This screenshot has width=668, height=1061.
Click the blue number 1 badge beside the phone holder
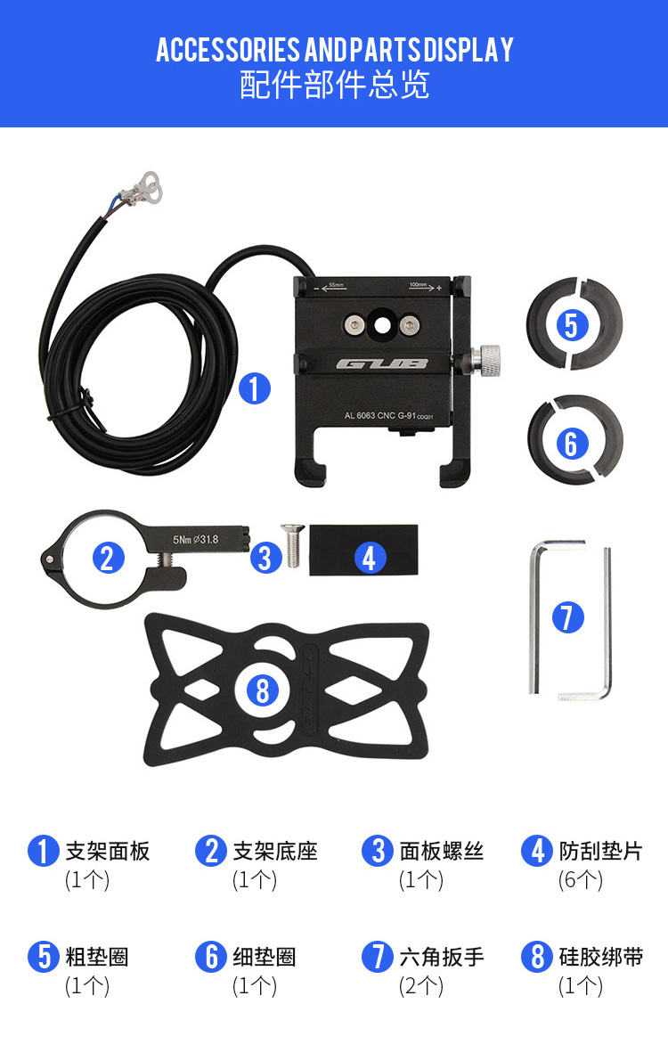tap(255, 388)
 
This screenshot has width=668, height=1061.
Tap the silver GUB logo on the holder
tap(382, 363)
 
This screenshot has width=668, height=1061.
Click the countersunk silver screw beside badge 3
tap(293, 544)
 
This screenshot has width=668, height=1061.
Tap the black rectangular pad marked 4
tap(363, 551)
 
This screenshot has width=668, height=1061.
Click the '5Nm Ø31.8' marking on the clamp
tap(195, 539)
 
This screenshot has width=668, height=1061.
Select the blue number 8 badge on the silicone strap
tap(263, 690)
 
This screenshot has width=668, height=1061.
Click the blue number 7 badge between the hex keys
tap(568, 617)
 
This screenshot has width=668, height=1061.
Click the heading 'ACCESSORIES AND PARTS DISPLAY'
tap(334, 50)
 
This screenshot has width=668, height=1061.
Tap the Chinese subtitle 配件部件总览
tap(334, 86)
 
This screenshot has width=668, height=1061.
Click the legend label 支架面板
tap(108, 852)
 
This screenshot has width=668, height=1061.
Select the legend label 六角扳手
tap(442, 957)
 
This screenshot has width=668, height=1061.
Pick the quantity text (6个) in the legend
tap(580, 879)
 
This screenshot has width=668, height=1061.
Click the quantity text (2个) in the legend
tap(421, 986)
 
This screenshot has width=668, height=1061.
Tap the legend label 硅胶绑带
tap(601, 957)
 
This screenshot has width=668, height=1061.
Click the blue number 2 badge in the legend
tap(211, 852)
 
